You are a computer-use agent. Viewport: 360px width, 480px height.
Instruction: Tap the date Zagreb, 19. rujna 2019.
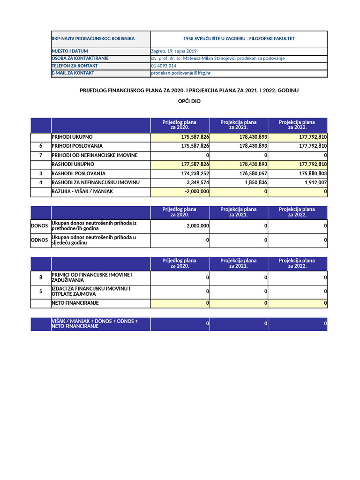(174, 51)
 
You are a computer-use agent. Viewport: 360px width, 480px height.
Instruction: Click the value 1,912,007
(315, 183)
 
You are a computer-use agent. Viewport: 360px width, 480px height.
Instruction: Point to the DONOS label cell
(40, 226)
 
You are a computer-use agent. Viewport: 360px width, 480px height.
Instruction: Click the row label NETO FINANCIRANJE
(75, 303)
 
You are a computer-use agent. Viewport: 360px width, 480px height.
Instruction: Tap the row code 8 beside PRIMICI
(41, 278)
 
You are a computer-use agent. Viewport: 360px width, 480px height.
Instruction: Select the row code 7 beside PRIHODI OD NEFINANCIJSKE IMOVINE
(41, 155)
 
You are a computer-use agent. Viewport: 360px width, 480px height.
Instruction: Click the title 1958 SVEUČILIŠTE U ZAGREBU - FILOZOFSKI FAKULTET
(239, 39)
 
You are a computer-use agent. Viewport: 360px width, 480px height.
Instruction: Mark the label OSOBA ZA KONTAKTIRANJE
(80, 59)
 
